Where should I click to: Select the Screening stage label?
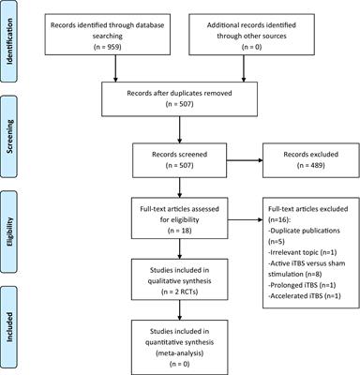click(13, 142)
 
